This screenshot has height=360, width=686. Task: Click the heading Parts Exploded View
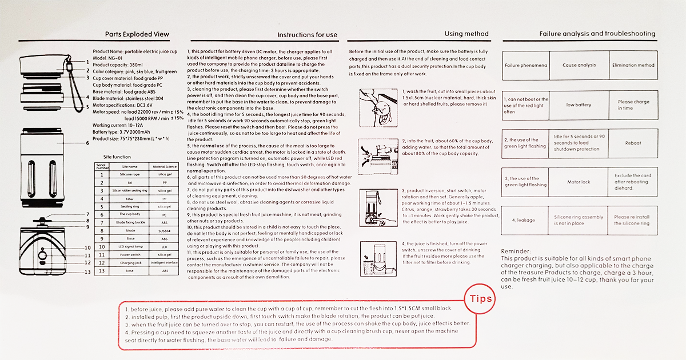tap(137, 34)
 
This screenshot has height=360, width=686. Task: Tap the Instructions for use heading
tap(307, 35)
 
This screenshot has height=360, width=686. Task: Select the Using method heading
tap(466, 34)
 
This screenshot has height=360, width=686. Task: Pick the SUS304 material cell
tap(165, 230)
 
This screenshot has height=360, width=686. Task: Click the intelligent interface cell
tap(165, 262)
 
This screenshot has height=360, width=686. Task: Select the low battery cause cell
tap(579, 105)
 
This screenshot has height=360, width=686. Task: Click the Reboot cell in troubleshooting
tap(633, 143)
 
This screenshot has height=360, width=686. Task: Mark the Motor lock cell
tap(579, 182)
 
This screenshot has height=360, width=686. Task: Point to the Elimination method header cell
tap(633, 65)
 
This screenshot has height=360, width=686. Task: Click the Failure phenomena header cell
tap(525, 65)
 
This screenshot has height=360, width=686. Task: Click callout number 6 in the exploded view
tap(87, 142)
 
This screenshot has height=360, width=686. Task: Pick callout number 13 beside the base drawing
tap(87, 272)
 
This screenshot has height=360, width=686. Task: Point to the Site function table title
tap(117, 157)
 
